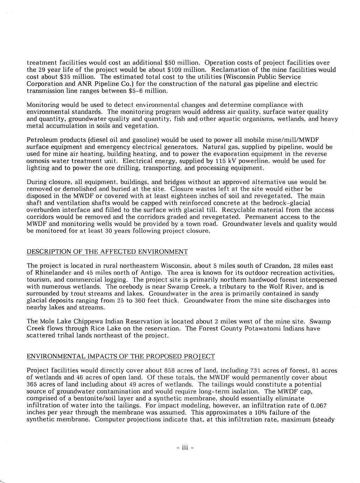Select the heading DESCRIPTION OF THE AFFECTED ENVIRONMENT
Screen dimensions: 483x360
click(x=108, y=252)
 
